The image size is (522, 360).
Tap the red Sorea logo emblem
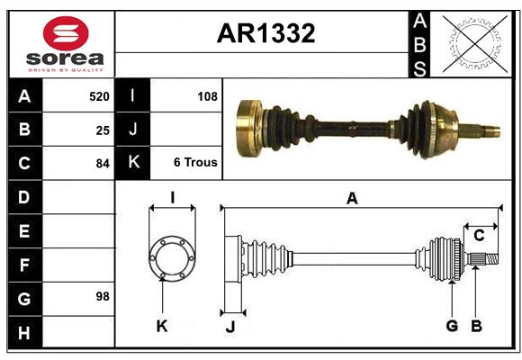65,34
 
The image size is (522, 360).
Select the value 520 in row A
98,95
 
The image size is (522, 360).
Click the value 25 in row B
102,130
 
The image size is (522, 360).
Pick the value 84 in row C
102,164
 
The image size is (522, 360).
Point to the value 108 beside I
207,95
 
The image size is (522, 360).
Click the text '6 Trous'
195,163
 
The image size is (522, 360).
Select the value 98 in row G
102,296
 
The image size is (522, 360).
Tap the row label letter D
24,197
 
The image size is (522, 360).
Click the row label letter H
24,332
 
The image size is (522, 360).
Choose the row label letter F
24,265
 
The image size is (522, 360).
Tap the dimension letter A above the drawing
352,199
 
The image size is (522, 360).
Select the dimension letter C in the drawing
479,236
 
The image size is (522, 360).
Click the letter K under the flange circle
162,326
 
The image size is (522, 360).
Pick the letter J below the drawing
229,327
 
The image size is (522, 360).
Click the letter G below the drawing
452,326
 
